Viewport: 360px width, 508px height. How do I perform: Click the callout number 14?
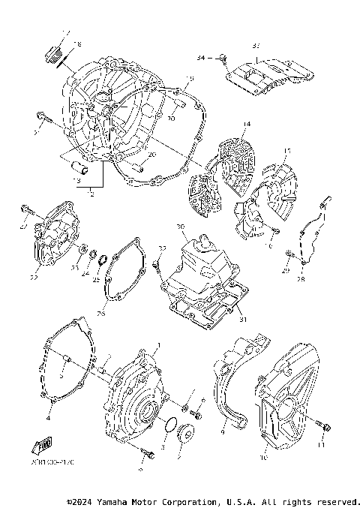click(244, 124)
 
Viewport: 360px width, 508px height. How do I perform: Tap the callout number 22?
click(34, 278)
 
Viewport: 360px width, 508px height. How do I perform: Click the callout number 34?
click(200, 56)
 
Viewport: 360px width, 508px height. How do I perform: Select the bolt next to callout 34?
click(223, 58)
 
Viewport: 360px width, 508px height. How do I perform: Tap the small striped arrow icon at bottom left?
click(43, 445)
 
